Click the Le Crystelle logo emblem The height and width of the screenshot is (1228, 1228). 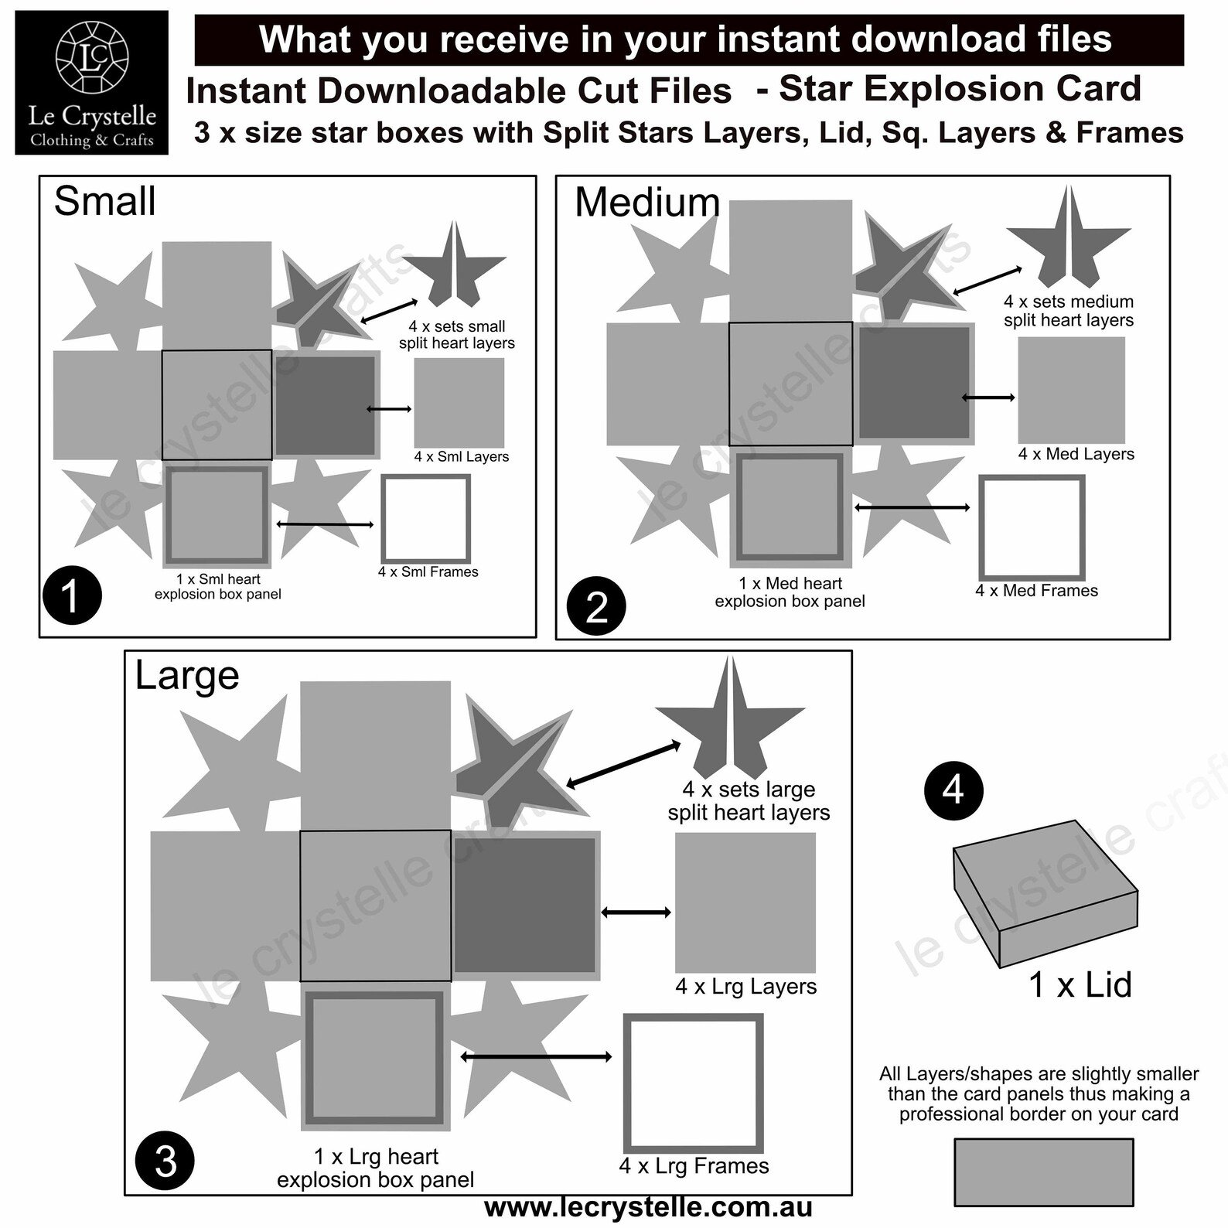pyautogui.click(x=92, y=60)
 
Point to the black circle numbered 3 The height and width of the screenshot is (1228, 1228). pyautogui.click(x=165, y=1161)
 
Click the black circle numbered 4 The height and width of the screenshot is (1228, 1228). pyautogui.click(x=953, y=790)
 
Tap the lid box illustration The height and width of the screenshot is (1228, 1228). pyautogui.click(x=1046, y=893)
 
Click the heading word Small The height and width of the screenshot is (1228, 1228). pyautogui.click(x=104, y=201)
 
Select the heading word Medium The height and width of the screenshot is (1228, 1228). pyautogui.click(x=647, y=203)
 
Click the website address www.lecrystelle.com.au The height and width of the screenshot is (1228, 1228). pyautogui.click(x=648, y=1206)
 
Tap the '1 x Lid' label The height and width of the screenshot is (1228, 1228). pyautogui.click(x=1080, y=984)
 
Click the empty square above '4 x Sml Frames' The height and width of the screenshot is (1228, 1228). pyautogui.click(x=425, y=519)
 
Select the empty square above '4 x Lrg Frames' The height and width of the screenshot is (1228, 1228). pyautogui.click(x=694, y=1083)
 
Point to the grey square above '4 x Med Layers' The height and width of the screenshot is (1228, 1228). pyautogui.click(x=1071, y=391)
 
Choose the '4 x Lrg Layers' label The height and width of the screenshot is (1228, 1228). pyautogui.click(x=746, y=987)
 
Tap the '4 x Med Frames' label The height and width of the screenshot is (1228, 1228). pyautogui.click(x=1036, y=591)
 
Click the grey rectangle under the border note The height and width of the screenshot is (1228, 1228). pyautogui.click(x=1044, y=1172)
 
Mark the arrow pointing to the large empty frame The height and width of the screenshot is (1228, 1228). pyautogui.click(x=536, y=1056)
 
